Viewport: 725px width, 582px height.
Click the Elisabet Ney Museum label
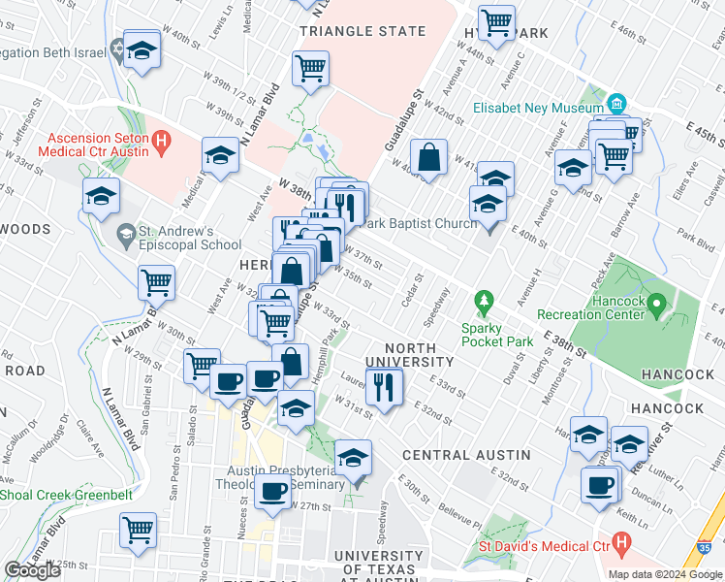coord(539,109)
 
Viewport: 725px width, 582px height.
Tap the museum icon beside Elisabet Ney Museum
coord(616,104)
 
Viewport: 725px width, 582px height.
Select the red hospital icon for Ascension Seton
coord(162,143)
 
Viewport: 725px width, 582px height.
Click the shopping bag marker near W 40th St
coord(427,156)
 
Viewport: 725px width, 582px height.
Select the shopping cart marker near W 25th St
coord(139,531)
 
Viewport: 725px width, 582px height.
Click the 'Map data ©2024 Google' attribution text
coord(664,573)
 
